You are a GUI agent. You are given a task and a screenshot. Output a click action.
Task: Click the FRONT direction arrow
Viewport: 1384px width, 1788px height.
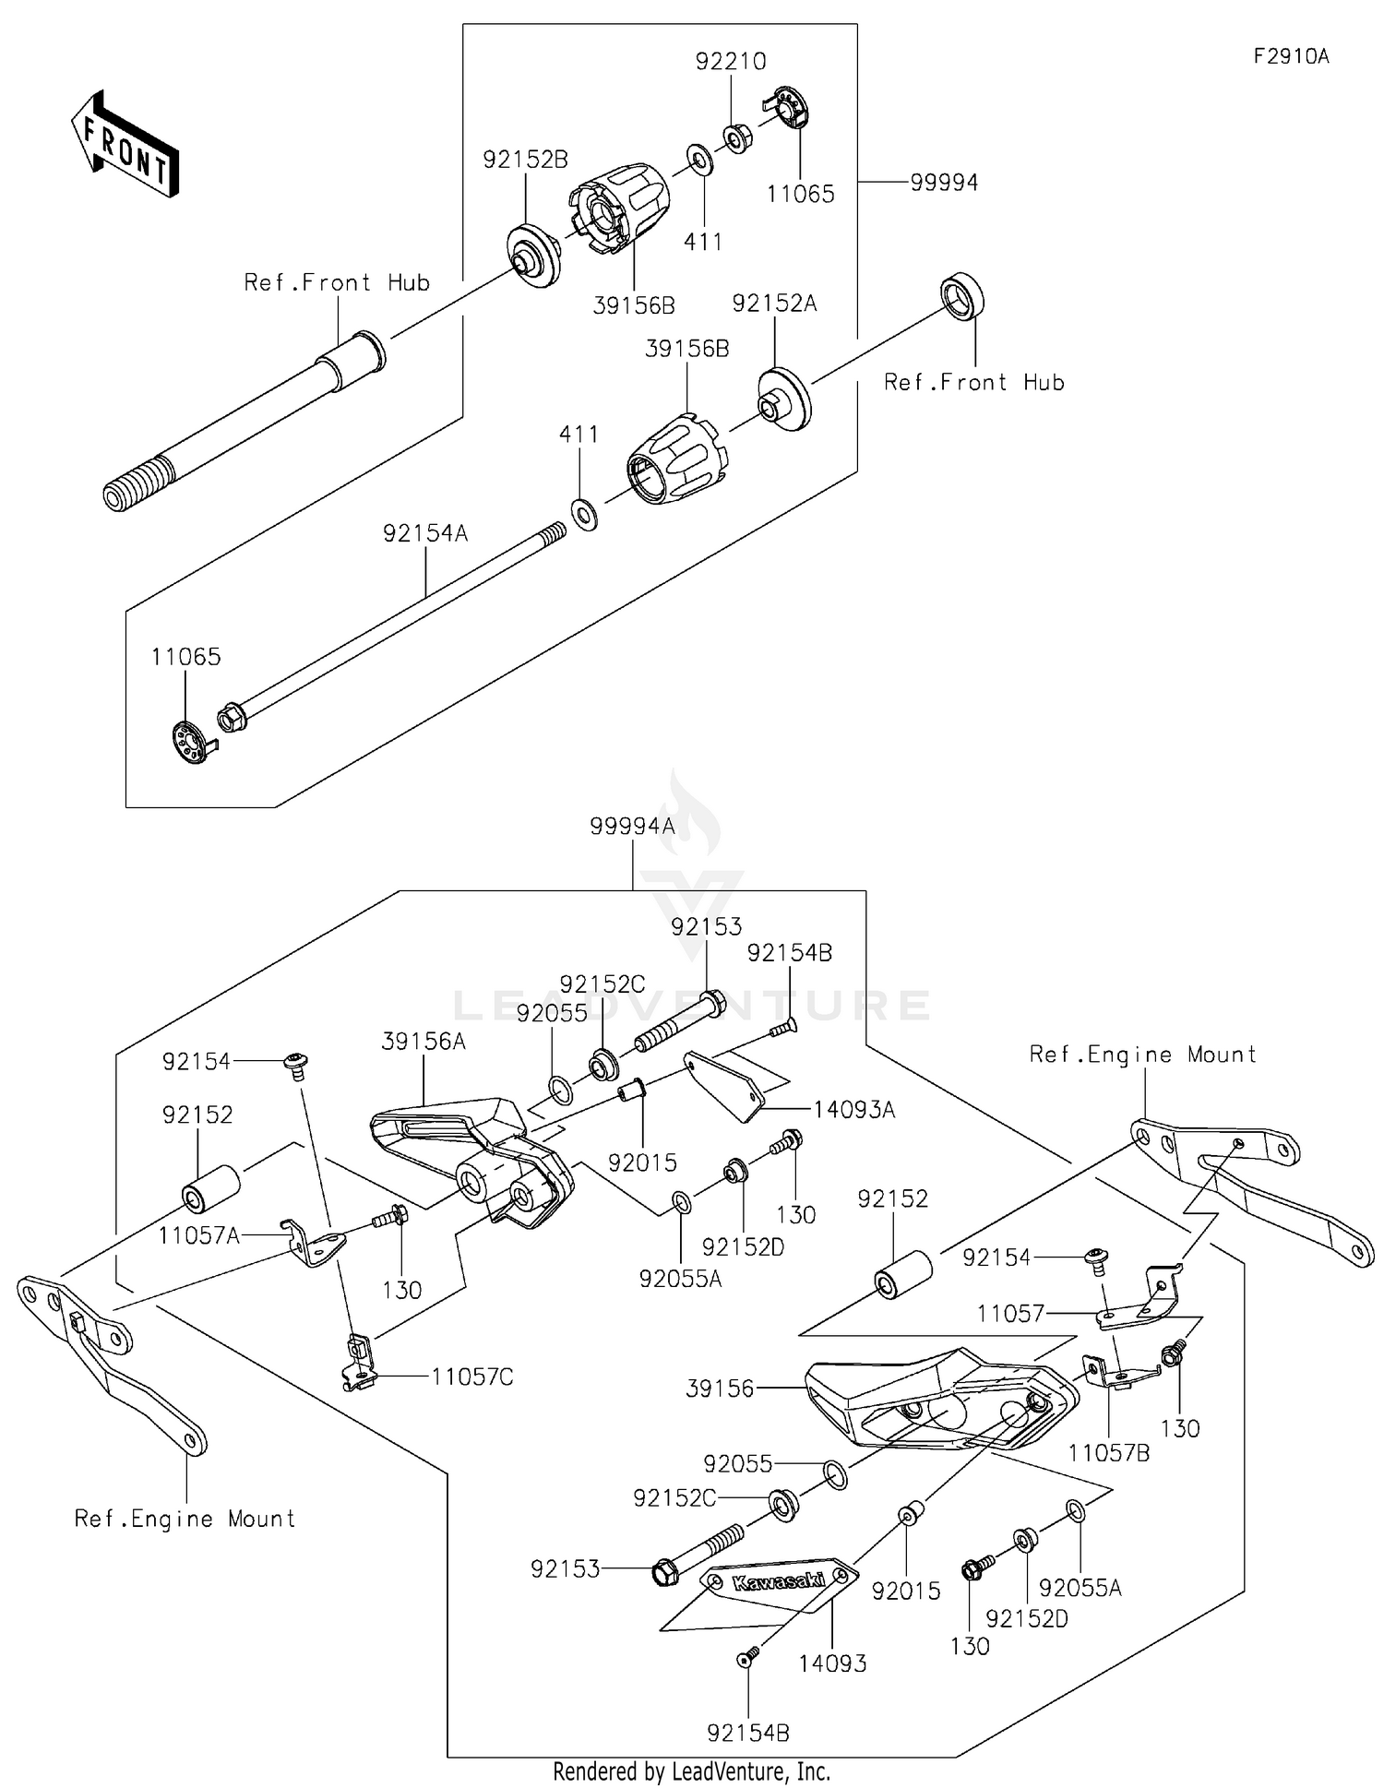point(124,144)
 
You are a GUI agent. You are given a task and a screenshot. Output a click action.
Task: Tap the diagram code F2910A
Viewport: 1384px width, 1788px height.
point(1291,56)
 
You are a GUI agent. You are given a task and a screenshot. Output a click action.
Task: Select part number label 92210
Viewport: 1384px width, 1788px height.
point(731,62)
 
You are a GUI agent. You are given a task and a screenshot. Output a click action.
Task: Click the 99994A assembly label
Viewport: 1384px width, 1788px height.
point(633,827)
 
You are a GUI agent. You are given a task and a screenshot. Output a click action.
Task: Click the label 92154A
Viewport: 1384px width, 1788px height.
point(425,533)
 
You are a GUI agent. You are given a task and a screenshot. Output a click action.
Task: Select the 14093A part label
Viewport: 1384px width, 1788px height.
point(853,1110)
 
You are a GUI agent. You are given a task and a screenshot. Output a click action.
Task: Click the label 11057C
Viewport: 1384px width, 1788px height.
point(472,1377)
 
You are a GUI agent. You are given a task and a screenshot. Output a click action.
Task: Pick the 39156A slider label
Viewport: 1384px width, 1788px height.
point(424,1042)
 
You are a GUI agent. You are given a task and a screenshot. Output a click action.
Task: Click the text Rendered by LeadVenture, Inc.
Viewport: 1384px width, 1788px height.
point(691,1770)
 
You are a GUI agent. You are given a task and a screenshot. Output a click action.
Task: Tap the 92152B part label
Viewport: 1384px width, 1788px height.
point(525,160)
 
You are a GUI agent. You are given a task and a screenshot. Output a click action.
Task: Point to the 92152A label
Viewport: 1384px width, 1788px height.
point(774,303)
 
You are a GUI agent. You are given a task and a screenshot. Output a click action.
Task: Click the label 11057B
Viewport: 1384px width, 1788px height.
point(1109,1453)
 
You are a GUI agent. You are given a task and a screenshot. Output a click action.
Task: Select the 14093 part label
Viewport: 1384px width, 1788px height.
point(832,1663)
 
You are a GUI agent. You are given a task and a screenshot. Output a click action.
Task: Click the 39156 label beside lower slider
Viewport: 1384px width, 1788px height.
point(720,1389)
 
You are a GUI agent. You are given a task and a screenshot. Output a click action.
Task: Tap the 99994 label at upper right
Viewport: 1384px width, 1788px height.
point(944,183)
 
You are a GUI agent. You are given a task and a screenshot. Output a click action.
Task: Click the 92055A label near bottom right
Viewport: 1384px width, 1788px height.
point(1080,1588)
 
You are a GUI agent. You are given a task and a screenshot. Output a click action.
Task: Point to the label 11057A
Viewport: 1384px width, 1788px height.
point(198,1234)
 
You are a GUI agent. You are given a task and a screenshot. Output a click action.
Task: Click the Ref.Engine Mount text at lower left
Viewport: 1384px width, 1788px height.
point(185,1519)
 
